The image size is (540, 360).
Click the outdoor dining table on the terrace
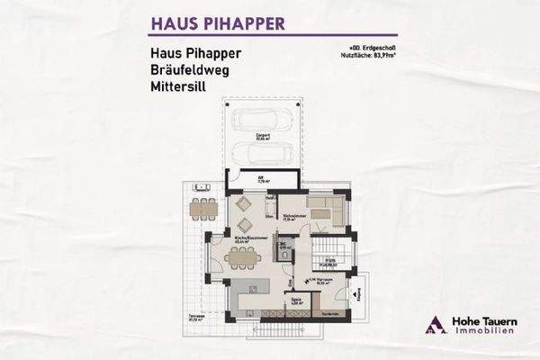point(203,209)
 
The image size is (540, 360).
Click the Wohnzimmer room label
point(292,216)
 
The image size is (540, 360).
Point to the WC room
point(283,248)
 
